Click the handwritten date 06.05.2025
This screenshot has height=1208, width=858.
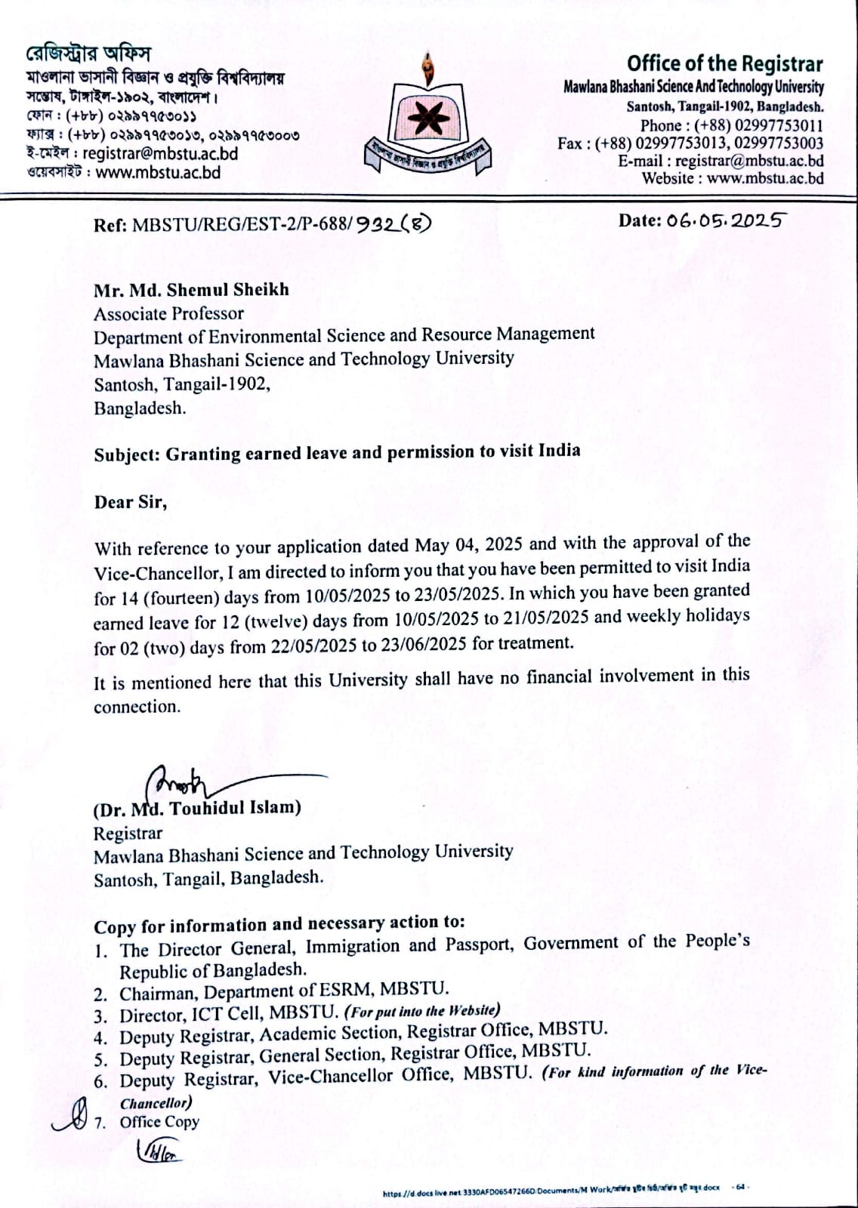(x=724, y=220)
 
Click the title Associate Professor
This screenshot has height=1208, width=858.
(x=168, y=314)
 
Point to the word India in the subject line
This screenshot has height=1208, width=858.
(x=559, y=451)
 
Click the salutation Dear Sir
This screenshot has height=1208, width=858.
(x=130, y=502)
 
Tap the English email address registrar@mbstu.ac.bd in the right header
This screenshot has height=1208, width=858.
(x=748, y=161)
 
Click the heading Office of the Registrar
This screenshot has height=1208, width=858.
(x=724, y=63)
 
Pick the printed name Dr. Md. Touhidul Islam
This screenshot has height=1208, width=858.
(x=197, y=809)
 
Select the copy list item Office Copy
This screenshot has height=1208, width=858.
(x=159, y=1122)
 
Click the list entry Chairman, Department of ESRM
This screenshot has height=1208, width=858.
(x=284, y=991)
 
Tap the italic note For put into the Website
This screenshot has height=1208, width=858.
(x=421, y=1011)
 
